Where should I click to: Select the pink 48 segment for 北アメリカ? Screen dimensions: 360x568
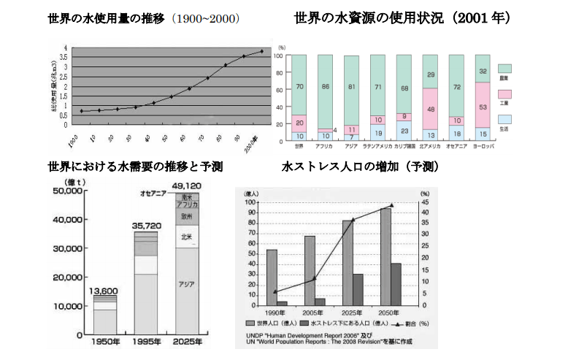pyautogui.click(x=431, y=109)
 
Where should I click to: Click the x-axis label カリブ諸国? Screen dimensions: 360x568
pyautogui.click(x=405, y=147)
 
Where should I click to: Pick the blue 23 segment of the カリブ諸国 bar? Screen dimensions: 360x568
pyautogui.click(x=405, y=130)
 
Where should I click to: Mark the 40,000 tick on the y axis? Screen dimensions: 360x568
pyautogui.click(x=68, y=220)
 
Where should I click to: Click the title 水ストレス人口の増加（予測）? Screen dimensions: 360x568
pyautogui.click(x=360, y=167)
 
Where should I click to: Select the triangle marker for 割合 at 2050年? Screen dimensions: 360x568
pyautogui.click(x=391, y=205)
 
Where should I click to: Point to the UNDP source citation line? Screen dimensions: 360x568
pyautogui.click(x=311, y=335)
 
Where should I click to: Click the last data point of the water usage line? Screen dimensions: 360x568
pyautogui.click(x=261, y=51)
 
